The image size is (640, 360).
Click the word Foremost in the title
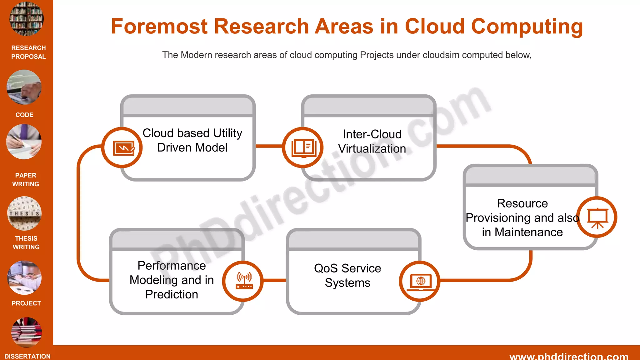[159, 26]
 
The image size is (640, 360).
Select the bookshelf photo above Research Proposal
[27, 19]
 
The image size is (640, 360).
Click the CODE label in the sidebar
[24, 115]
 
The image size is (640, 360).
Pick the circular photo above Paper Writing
[24, 142]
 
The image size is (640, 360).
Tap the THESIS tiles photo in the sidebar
[24, 213]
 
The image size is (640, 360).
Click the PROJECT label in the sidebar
[26, 303]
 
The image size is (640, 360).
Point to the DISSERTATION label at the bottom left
[27, 356]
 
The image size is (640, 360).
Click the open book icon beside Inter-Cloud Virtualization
[303, 148]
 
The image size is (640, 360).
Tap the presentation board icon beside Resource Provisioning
[597, 217]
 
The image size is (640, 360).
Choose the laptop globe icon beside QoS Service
[420, 281]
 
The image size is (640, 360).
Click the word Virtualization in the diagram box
[372, 149]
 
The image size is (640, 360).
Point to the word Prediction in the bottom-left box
[172, 294]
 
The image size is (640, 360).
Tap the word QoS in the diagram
[326, 268]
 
